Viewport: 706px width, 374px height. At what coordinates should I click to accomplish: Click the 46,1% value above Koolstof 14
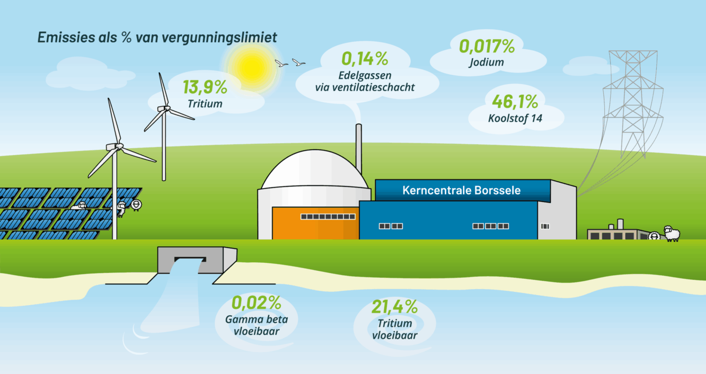(515, 102)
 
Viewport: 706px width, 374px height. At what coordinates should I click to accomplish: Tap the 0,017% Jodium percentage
(487, 46)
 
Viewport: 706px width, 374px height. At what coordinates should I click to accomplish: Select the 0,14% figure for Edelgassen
(365, 59)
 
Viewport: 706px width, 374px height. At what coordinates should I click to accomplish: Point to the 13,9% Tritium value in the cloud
(205, 87)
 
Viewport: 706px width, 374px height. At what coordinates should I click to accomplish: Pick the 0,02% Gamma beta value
(256, 303)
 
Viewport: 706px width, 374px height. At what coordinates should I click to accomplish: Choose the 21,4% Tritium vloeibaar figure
(395, 307)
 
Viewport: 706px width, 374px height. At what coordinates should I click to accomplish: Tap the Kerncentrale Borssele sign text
(462, 190)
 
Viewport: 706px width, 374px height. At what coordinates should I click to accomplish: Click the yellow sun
(251, 67)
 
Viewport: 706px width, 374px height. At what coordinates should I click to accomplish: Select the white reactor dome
(314, 170)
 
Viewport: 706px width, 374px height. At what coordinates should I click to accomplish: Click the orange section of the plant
(316, 223)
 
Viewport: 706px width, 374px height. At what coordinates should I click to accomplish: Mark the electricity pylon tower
(633, 104)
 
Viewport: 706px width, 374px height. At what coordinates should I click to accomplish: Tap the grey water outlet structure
(197, 260)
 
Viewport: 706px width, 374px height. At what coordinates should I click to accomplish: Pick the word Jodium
(486, 63)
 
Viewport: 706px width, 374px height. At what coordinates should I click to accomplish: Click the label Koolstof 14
(515, 119)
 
